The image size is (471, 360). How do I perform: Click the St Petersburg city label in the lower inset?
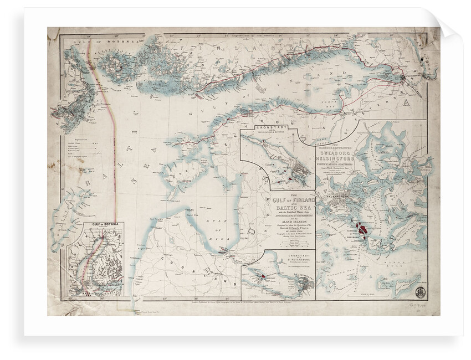pos(304,284)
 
